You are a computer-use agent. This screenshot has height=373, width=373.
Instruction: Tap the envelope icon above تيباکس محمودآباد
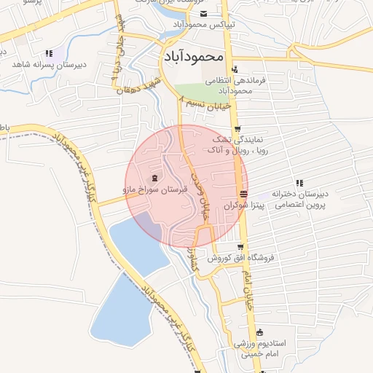pos(203,15)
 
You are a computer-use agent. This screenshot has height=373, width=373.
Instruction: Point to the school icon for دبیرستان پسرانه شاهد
pos(49,53)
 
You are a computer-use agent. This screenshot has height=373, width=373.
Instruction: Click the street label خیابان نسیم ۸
pos(208,105)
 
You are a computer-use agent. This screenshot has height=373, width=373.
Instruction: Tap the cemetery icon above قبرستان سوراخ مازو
pos(154,178)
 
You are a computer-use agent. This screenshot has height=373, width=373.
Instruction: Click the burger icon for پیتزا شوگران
pos(243,195)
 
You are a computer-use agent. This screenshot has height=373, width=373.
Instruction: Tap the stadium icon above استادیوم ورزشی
pos(259,332)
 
